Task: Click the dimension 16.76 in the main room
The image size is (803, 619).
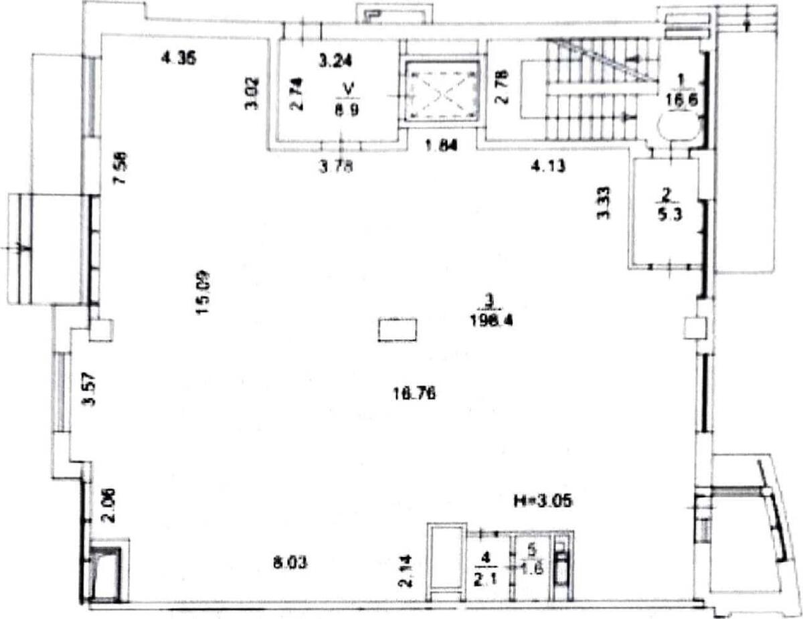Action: (415, 394)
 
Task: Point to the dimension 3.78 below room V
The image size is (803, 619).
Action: (335, 167)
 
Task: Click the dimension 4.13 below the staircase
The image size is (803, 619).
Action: (549, 167)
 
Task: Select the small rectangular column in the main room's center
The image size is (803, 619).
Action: (398, 329)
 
